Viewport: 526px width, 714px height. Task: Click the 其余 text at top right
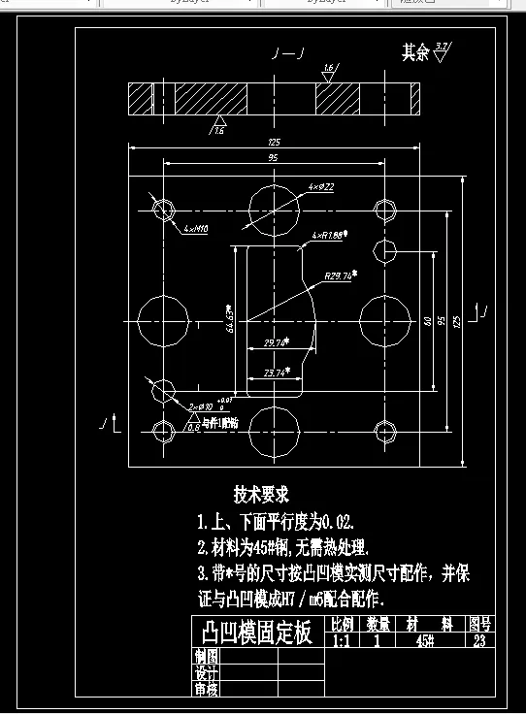pyautogui.click(x=415, y=52)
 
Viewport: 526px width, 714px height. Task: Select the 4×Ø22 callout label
pyautogui.click(x=321, y=186)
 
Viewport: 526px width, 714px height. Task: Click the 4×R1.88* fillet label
pyautogui.click(x=330, y=236)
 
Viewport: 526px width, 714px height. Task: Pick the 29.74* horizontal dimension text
pyautogui.click(x=278, y=342)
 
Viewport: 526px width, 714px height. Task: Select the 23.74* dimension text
pyautogui.click(x=278, y=372)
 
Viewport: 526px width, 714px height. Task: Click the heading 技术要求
pyautogui.click(x=261, y=494)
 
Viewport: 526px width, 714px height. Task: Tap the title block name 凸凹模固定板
pyautogui.click(x=256, y=633)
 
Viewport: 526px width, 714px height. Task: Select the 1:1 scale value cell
pyautogui.click(x=342, y=641)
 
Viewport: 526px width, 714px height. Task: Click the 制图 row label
pyautogui.click(x=207, y=657)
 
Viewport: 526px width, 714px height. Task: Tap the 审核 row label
pyautogui.click(x=207, y=689)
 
